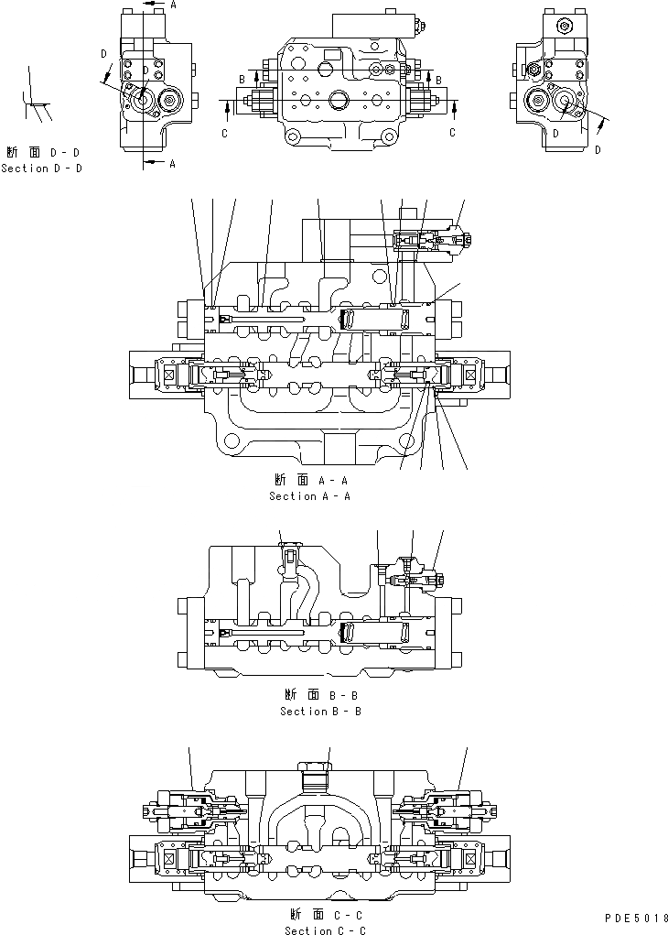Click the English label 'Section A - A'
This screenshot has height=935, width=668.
click(x=309, y=496)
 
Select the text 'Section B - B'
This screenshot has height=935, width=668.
click(x=320, y=712)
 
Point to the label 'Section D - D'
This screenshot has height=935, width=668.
click(x=41, y=169)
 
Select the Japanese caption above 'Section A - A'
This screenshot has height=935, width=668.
click(x=309, y=480)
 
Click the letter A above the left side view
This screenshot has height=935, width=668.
click(x=171, y=5)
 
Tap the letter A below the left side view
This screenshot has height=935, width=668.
click(x=171, y=164)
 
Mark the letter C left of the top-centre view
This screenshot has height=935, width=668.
click(x=224, y=133)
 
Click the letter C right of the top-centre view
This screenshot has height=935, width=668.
click(x=452, y=133)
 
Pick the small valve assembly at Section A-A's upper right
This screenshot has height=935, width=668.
click(x=430, y=241)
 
